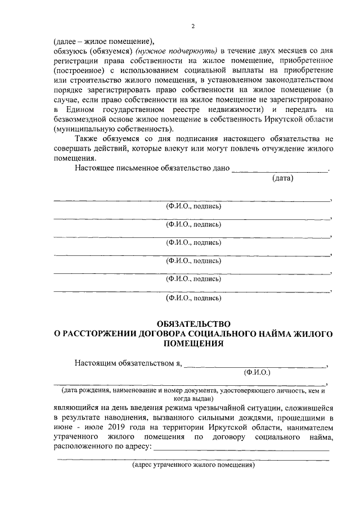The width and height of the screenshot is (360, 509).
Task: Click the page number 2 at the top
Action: click(193, 26)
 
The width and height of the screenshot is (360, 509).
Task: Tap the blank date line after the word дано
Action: click(280, 169)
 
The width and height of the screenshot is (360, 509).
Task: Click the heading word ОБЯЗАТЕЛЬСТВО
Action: click(193, 323)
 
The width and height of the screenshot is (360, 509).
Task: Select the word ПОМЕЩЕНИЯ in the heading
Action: click(193, 344)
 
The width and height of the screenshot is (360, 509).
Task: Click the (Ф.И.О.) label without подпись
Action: click(257, 372)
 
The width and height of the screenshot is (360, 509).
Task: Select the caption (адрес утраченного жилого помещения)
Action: click(194, 466)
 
